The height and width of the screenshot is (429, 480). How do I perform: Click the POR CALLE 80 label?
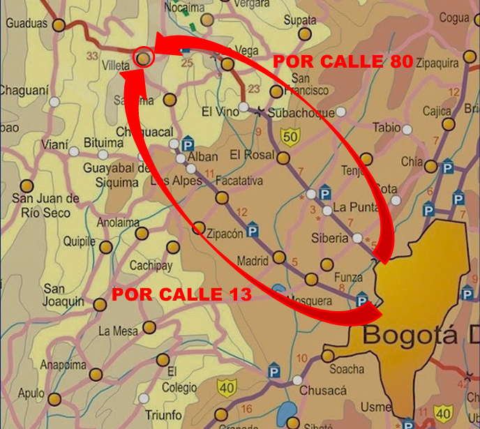point(343,61)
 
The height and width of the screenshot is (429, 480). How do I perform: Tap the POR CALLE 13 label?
point(181,294)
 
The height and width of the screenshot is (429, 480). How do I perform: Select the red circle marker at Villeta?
point(143,57)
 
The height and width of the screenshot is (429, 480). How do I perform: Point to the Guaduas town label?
point(27,24)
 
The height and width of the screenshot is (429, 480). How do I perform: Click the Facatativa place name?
point(239,181)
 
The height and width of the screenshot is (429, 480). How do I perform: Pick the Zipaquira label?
point(440,62)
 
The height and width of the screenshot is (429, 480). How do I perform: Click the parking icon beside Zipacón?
point(253,230)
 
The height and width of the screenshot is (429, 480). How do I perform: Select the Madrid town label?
point(253,262)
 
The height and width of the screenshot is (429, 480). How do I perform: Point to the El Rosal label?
point(252,155)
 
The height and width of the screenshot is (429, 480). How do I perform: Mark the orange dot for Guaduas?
point(59,25)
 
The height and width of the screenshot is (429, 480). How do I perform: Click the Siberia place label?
point(329,238)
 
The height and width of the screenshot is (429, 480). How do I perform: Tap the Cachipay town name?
point(151,266)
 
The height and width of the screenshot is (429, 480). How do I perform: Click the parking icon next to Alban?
point(187,144)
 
